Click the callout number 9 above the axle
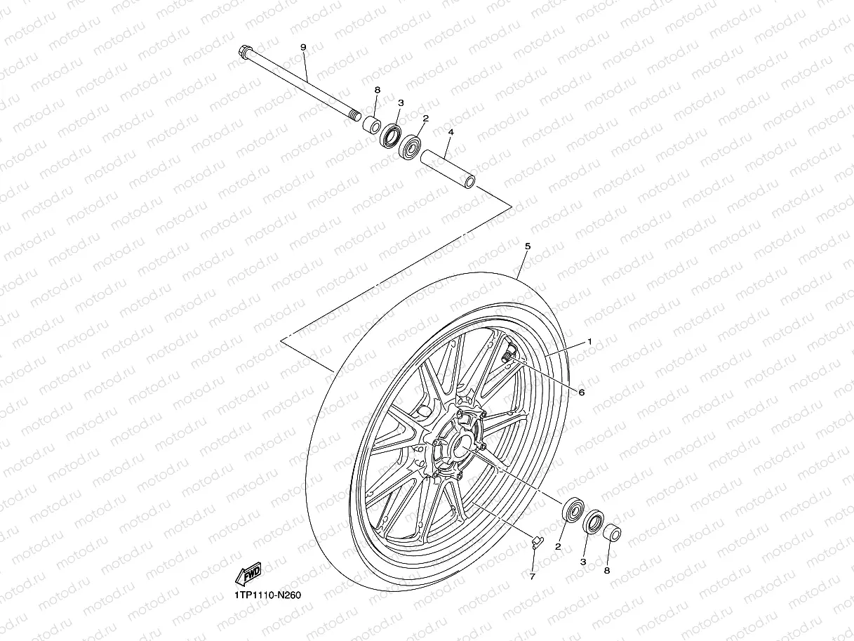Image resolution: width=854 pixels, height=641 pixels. (x=303, y=47)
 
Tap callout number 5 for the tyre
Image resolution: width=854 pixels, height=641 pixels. (x=528, y=246)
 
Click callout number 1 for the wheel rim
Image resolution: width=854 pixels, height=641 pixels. (x=589, y=341)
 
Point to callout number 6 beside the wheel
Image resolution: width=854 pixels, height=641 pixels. (x=581, y=392)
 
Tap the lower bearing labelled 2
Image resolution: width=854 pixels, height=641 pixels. (x=574, y=510)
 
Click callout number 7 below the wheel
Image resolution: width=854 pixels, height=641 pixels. (x=532, y=576)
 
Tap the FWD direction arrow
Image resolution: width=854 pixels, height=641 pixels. (x=248, y=574)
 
